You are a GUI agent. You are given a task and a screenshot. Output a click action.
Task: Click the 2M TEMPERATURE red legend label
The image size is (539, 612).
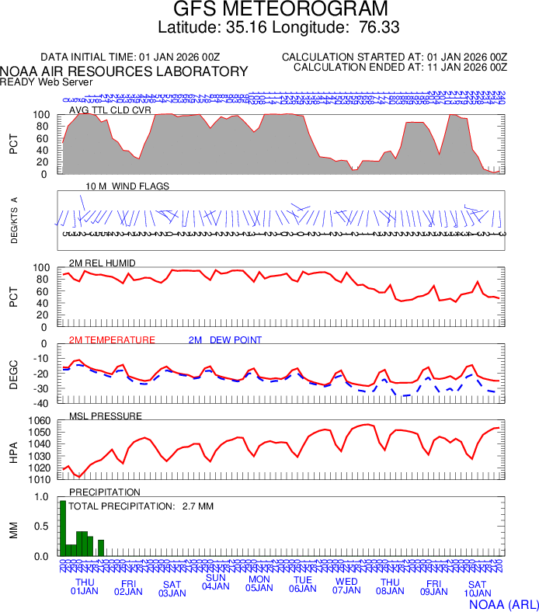(x=112, y=340)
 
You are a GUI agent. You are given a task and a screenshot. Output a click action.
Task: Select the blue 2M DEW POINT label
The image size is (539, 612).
(x=224, y=340)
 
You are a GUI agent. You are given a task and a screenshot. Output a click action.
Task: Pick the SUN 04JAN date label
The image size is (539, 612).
(x=215, y=582)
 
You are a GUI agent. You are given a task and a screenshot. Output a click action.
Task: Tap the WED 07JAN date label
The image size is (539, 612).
(x=346, y=587)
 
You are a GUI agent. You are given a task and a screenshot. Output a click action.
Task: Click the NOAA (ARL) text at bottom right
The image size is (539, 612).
(x=503, y=603)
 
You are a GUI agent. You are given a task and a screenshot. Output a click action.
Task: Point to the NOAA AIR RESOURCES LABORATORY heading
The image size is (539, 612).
(x=124, y=71)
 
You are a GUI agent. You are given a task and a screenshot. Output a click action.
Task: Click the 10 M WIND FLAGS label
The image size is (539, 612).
(x=127, y=186)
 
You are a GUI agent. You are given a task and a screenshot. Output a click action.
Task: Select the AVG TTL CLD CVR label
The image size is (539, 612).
(x=110, y=110)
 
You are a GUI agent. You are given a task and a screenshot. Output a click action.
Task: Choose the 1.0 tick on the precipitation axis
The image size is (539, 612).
(x=42, y=497)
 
